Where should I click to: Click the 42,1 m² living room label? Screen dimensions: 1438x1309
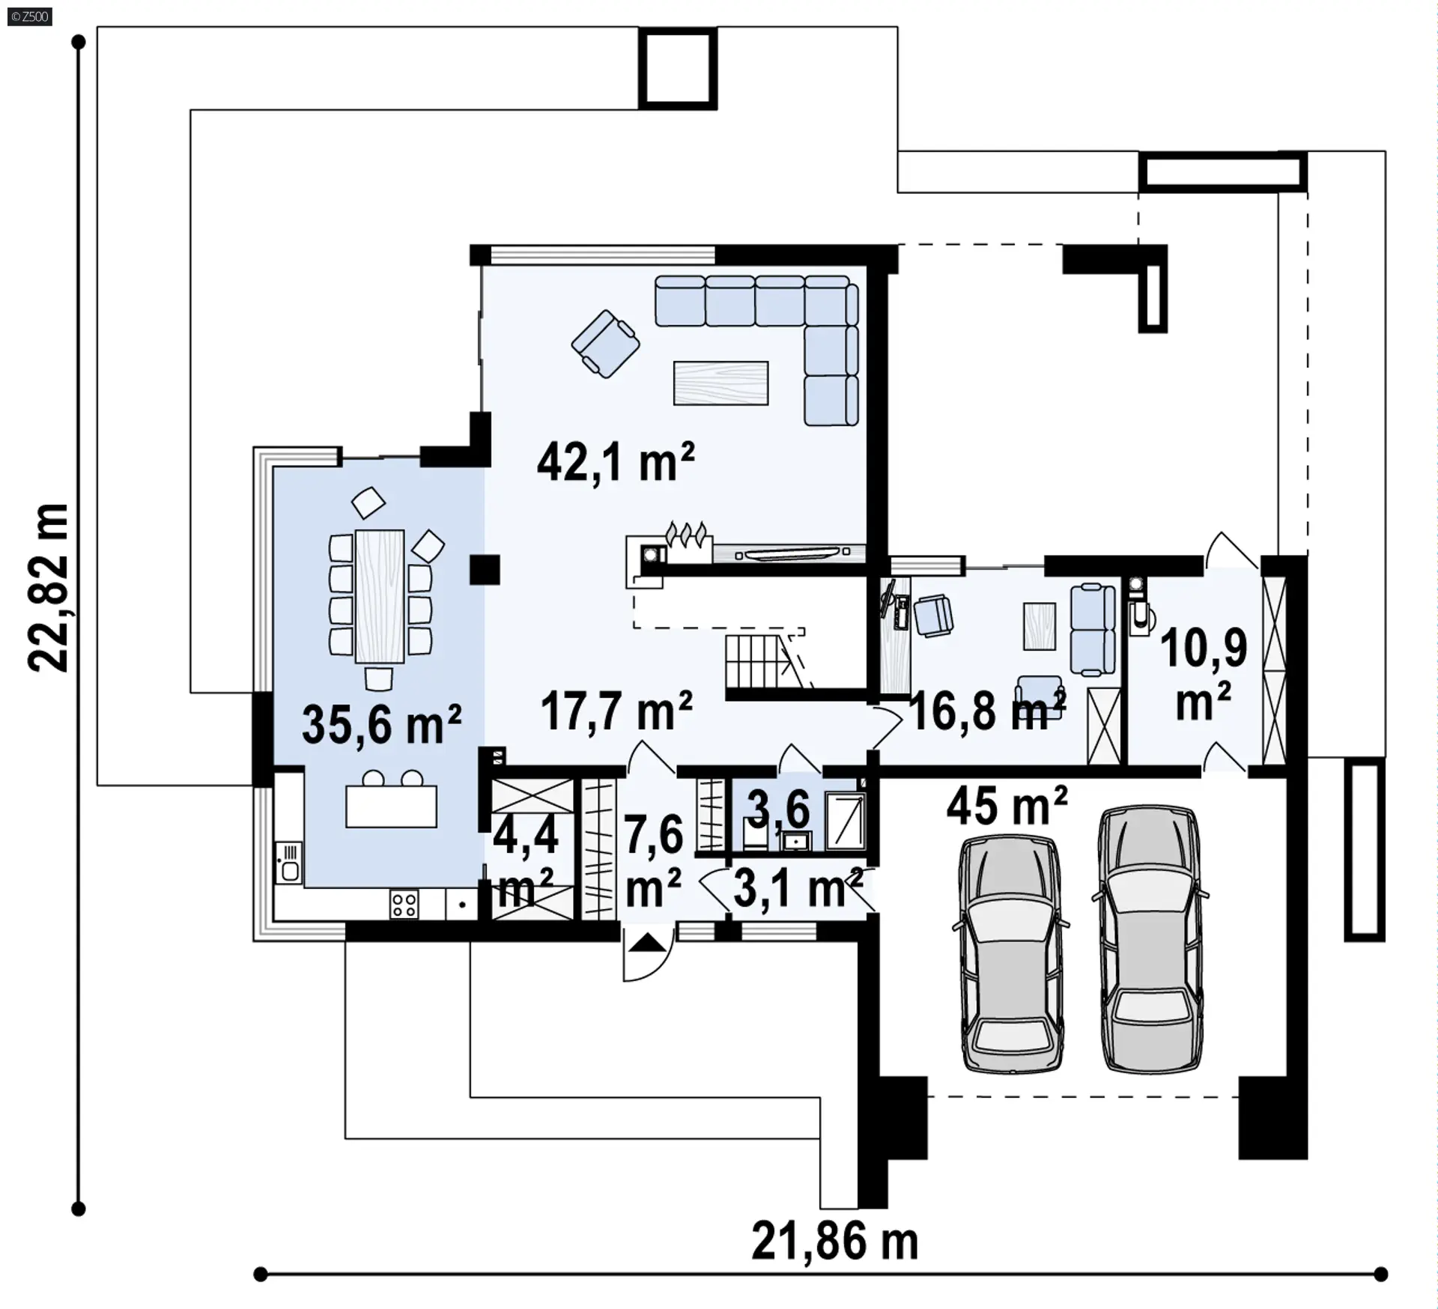pyautogui.click(x=616, y=462)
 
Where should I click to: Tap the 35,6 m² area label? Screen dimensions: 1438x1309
pyautogui.click(x=381, y=724)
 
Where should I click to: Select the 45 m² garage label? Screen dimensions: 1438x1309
pyautogui.click(x=1007, y=805)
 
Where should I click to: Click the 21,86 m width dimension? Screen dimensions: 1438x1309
pyautogui.click(x=834, y=1242)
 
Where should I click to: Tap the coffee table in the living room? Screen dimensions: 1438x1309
pyautogui.click(x=720, y=383)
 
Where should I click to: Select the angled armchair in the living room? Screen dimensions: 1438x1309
pyautogui.click(x=605, y=344)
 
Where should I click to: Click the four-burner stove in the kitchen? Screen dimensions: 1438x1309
pyautogui.click(x=404, y=904)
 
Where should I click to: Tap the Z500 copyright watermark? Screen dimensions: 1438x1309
pyautogui.click(x=30, y=16)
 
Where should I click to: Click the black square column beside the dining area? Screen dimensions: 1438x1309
pyautogui.click(x=485, y=570)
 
